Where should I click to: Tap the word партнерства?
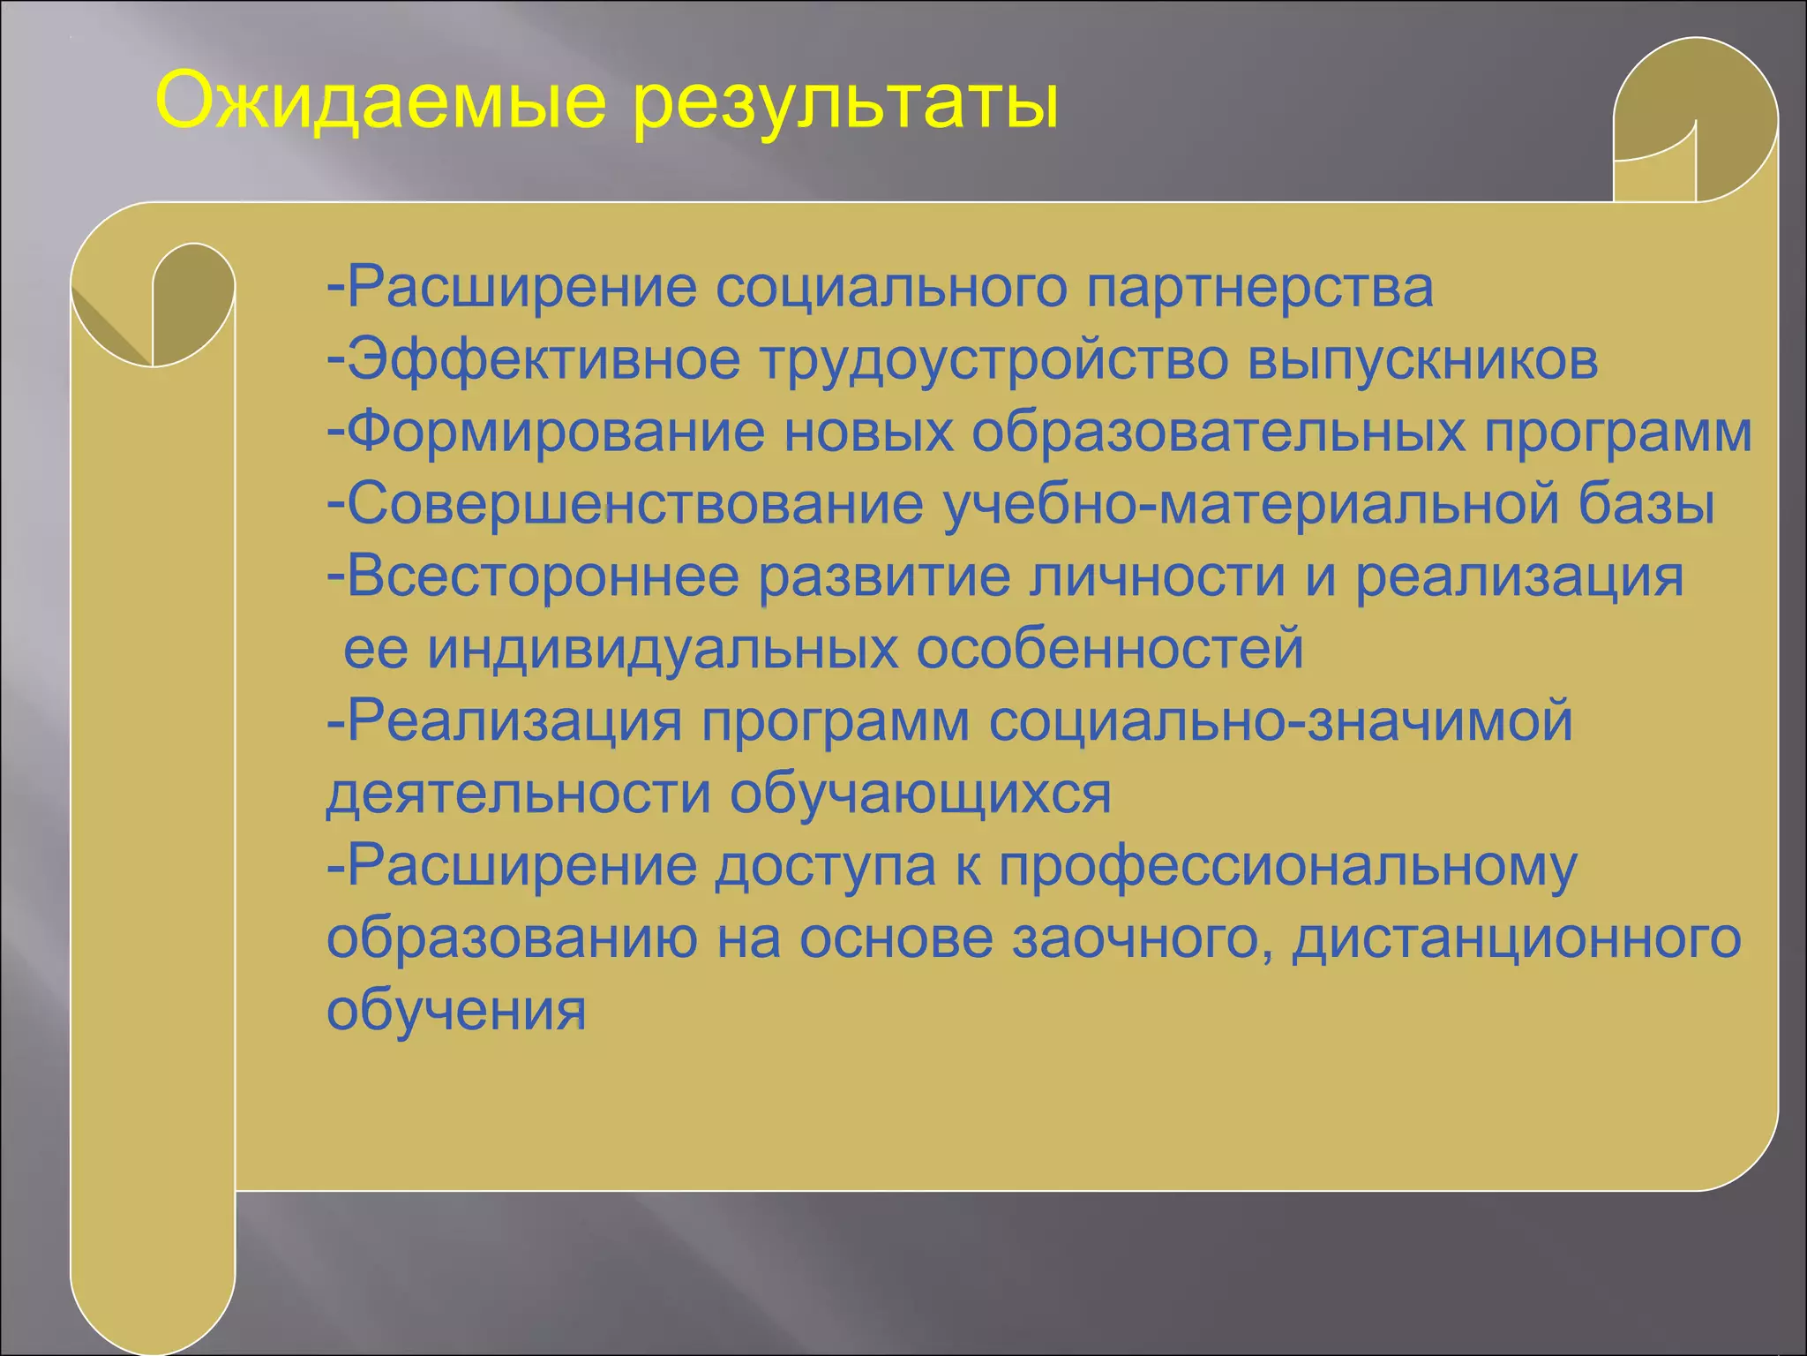[x=1259, y=288]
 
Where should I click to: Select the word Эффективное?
[x=544, y=360]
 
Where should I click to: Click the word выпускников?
[x=1422, y=360]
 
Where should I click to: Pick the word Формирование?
[x=556, y=433]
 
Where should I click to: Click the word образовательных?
[x=1218, y=433]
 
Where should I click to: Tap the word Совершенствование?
[x=635, y=505]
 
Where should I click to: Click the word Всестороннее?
[x=543, y=577]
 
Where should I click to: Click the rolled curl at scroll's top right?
[x=1695, y=124]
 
